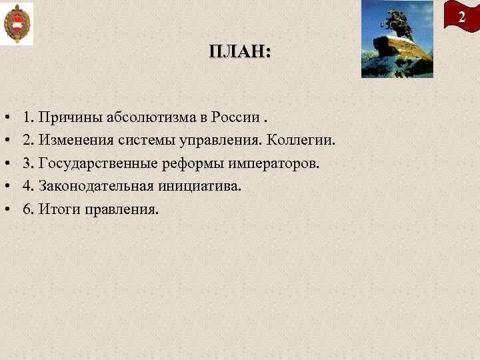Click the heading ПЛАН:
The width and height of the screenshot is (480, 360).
point(239,52)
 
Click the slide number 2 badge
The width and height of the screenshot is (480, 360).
point(461,17)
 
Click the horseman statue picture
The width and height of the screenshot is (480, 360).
point(397,39)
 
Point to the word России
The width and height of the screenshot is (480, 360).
point(235,118)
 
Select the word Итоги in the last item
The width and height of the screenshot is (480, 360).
point(58,210)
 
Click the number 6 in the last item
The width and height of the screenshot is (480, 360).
point(26,210)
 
